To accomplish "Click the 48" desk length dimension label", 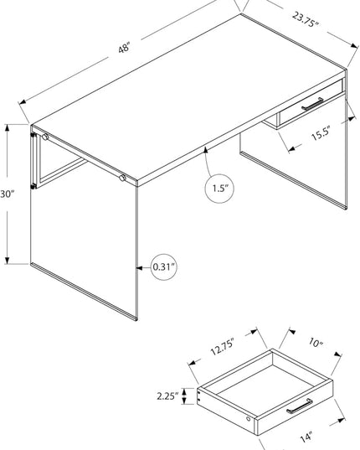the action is (x=124, y=48).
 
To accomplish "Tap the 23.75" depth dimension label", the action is (x=306, y=19).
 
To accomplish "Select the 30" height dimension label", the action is (x=7, y=194).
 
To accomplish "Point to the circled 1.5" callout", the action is (x=219, y=189).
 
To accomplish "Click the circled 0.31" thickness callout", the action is (x=163, y=267).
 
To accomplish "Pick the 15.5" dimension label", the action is (x=321, y=133).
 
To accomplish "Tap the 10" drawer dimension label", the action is (x=316, y=342).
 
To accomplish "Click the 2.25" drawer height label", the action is (x=167, y=396).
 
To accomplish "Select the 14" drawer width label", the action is (x=306, y=437).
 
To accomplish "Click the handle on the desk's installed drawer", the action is (x=312, y=104).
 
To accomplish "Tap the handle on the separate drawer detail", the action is (x=300, y=406).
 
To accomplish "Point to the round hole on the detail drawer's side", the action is (x=248, y=419).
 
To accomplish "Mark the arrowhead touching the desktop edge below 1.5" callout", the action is (x=205, y=150).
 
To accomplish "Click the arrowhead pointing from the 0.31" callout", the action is (x=139, y=268).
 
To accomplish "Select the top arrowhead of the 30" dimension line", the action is (x=8, y=127).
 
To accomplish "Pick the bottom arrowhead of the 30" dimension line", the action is (x=8, y=260).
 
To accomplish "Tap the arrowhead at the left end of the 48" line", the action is (x=23, y=102).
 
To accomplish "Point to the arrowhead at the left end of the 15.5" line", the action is (x=292, y=148).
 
